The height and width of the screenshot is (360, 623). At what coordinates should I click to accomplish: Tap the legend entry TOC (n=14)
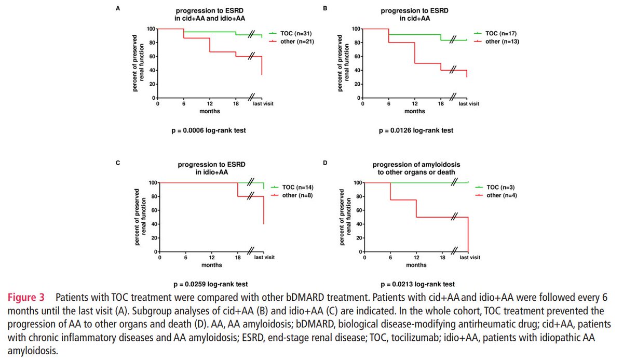pyautogui.click(x=297, y=186)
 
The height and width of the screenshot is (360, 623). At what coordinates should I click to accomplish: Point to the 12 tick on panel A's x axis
pyautogui.click(x=210, y=103)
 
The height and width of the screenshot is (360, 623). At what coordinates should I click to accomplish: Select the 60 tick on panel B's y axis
pyautogui.click(x=356, y=57)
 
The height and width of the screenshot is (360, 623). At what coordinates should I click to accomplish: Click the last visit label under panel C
pyautogui.click(x=264, y=258)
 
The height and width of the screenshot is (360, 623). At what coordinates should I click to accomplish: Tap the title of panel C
pyautogui.click(x=212, y=168)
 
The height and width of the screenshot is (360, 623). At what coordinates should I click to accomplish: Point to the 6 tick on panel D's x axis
pyautogui.click(x=390, y=258)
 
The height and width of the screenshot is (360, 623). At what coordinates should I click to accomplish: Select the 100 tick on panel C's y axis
pyautogui.click(x=148, y=183)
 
